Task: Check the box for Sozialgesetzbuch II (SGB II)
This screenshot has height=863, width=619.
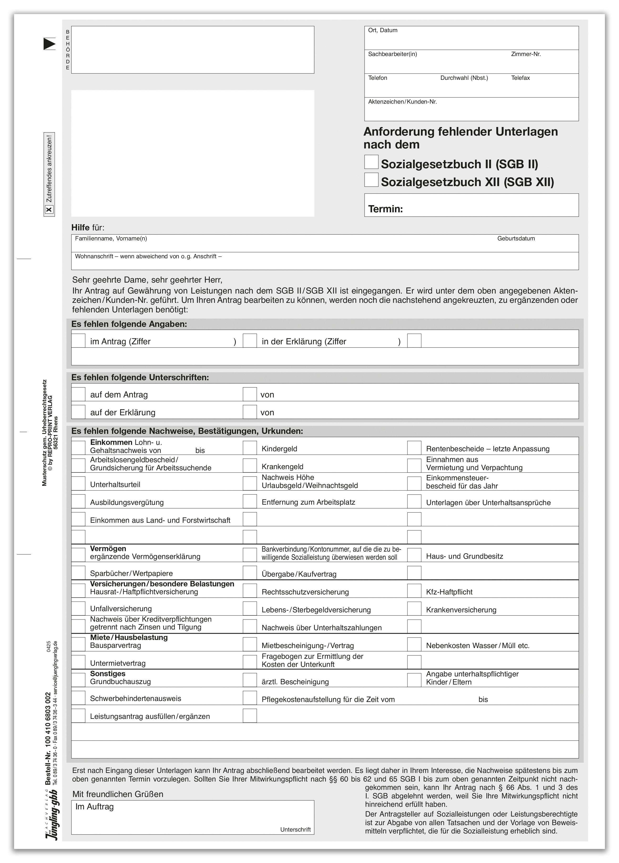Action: click(371, 162)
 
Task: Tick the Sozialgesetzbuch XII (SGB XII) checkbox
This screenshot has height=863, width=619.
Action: click(371, 180)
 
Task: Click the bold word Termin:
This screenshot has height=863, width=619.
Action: click(385, 209)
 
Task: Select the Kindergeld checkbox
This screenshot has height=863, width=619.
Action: click(250, 448)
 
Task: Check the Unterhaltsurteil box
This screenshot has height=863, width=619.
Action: click(78, 483)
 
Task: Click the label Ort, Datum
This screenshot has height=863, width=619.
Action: click(383, 30)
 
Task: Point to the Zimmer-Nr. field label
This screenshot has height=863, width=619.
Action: click(526, 54)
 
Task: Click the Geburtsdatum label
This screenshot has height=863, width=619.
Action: click(516, 239)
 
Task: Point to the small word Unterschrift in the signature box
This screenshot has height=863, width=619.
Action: click(295, 829)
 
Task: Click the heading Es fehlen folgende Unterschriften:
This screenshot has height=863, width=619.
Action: click(140, 377)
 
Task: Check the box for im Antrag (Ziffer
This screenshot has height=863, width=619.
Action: click(78, 340)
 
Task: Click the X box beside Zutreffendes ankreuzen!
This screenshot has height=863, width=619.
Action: click(49, 210)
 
